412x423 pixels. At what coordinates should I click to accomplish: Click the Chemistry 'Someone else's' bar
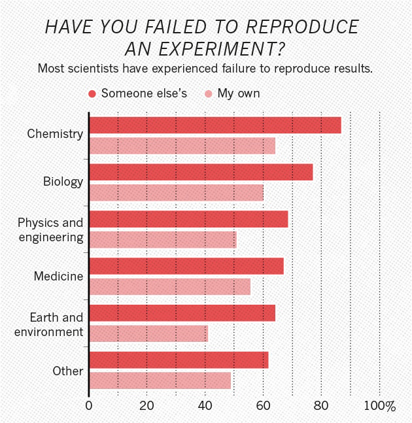(215, 125)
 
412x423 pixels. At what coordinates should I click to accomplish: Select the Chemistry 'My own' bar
(182, 146)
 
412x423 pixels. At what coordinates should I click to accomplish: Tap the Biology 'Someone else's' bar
(201, 172)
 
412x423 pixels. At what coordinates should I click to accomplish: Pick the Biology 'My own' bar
(176, 193)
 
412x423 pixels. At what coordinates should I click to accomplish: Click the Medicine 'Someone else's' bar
(186, 266)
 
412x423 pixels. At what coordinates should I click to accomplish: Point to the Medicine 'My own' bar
(169, 287)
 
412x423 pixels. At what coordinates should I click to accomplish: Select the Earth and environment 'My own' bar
(148, 334)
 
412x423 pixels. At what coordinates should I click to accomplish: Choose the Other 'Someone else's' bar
(179, 360)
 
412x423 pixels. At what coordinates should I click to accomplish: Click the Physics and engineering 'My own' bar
(162, 240)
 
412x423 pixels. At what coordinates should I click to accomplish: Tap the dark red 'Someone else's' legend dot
(93, 94)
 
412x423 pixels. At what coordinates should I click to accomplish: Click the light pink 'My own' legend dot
(209, 94)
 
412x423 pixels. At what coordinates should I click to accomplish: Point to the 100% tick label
(380, 406)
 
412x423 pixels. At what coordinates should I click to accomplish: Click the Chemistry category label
(55, 134)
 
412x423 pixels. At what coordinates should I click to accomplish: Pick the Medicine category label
(58, 277)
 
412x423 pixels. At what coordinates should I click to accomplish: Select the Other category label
(68, 371)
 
